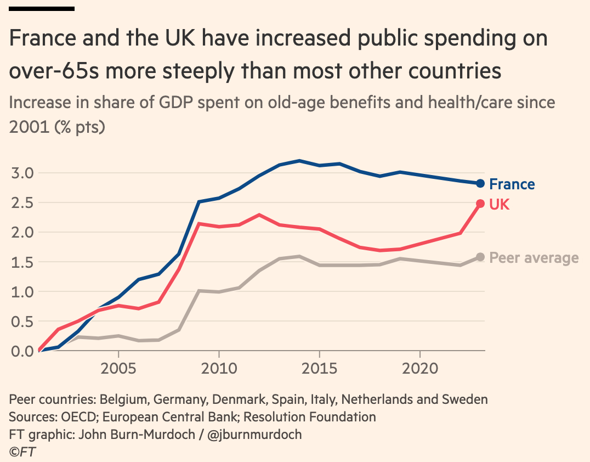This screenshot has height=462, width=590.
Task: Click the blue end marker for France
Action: click(480, 183)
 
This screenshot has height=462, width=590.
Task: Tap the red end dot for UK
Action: click(480, 204)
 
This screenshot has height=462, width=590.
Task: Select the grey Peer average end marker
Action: click(480, 257)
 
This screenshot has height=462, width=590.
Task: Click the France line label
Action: click(512, 184)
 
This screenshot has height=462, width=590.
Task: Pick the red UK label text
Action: click(499, 205)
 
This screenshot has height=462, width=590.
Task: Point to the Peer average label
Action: click(534, 258)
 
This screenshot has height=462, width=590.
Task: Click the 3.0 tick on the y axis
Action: click(22, 173)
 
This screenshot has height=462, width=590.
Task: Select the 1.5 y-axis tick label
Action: click(22, 262)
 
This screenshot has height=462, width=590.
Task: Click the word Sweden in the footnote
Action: click(465, 399)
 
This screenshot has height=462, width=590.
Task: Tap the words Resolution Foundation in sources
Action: click(310, 417)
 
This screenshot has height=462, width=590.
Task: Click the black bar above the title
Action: click(42, 8)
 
